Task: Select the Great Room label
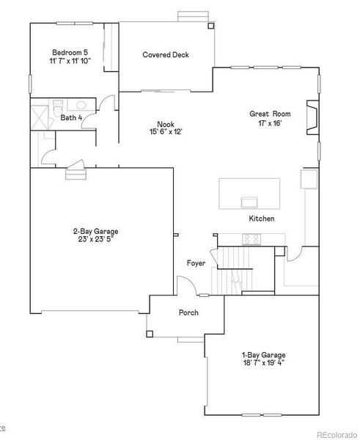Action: tap(270, 114)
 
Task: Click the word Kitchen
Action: tap(262, 219)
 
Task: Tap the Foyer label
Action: tap(196, 262)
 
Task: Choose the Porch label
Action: tap(188, 312)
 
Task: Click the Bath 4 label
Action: tap(71, 117)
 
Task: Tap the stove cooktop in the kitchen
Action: tap(251, 238)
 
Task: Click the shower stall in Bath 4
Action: tap(38, 117)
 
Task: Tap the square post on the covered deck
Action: tap(212, 26)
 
